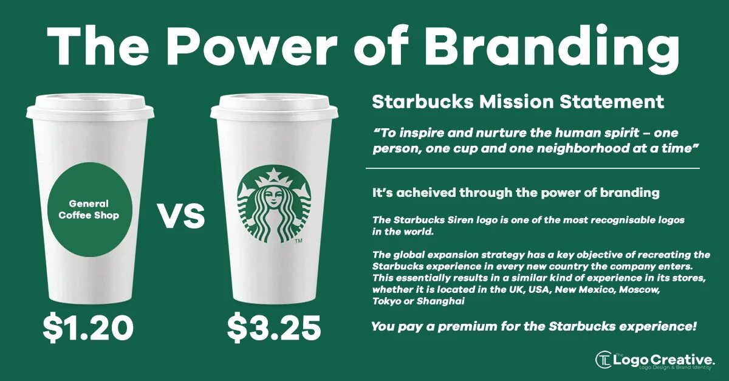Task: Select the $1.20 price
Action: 88,328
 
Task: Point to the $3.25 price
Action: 273,328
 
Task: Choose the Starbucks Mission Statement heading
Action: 518,101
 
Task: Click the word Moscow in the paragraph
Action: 639,289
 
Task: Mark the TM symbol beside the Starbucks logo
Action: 298,241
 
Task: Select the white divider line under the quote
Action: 532,168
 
